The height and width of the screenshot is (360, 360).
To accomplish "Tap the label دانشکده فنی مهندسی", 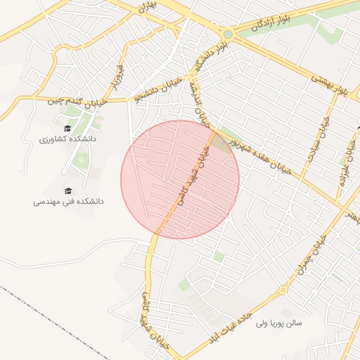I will tap(68, 201).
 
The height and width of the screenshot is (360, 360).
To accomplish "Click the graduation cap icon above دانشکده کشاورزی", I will tap(67, 128).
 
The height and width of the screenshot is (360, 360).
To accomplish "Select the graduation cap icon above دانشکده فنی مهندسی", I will tap(68, 190).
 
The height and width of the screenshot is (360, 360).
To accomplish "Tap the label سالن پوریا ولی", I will tap(278, 323).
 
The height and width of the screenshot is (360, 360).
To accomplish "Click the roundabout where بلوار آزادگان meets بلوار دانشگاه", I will tap(227, 34).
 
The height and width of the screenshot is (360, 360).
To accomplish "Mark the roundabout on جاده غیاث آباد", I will tap(284, 290).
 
